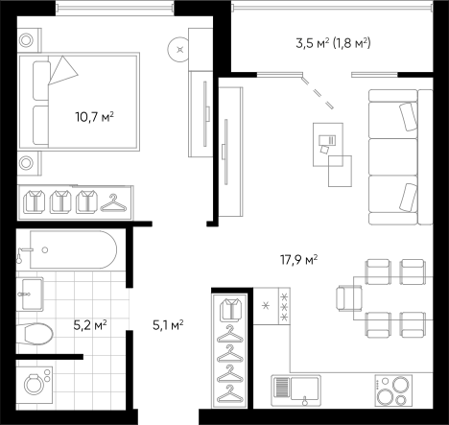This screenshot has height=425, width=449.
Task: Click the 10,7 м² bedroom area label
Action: coord(95,117)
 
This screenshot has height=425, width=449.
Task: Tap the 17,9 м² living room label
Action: coord(299,260)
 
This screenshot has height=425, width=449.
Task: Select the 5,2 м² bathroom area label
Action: coord(90,325)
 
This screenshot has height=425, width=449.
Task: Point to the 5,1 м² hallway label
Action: coord(168,325)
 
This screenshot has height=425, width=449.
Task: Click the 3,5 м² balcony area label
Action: coord(312,42)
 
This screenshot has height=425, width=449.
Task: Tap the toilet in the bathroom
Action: coord(35,334)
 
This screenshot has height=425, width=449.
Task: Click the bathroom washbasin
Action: coord(32,294)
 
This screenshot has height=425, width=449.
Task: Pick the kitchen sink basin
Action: coord(305,388)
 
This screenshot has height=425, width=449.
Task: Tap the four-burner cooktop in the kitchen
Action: coord(393,390)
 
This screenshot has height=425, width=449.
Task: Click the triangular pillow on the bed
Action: coord(63,71)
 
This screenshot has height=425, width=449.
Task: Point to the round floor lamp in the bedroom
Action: coord(178,50)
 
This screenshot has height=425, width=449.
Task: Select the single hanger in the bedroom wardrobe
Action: coord(113,203)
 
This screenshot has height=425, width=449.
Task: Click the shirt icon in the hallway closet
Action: coord(230,310)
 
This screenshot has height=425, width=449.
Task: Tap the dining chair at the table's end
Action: coord(349,298)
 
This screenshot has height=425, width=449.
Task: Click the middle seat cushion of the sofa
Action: coord(393,156)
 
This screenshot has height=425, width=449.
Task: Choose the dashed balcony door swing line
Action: coord(318,92)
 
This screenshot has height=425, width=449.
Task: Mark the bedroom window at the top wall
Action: coord(115,8)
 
